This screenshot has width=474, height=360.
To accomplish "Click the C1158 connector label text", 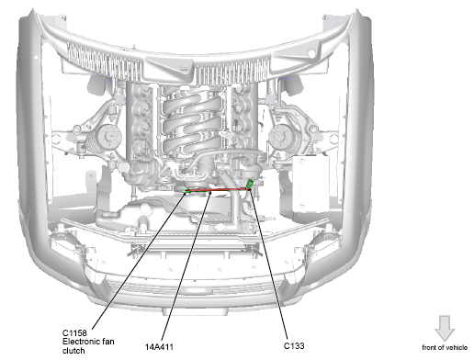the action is click(74, 332).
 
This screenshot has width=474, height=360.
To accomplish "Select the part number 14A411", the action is click(159, 347).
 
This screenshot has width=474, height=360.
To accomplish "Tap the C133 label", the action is click(294, 345).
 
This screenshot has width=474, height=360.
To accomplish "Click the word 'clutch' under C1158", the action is click(73, 351).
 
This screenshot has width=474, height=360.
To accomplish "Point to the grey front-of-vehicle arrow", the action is click(445, 329).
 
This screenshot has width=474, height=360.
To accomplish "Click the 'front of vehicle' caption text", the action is click(445, 347).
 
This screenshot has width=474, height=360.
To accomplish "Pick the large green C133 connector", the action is click(250, 184).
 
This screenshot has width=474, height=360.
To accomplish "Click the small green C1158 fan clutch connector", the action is click(186, 191).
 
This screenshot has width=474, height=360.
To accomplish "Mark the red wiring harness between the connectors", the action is click(218, 190).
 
